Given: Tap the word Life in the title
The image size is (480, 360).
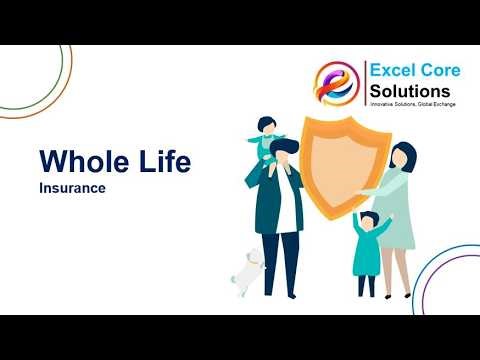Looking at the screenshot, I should (x=158, y=160).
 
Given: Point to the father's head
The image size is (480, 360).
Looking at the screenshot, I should (x=284, y=152).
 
